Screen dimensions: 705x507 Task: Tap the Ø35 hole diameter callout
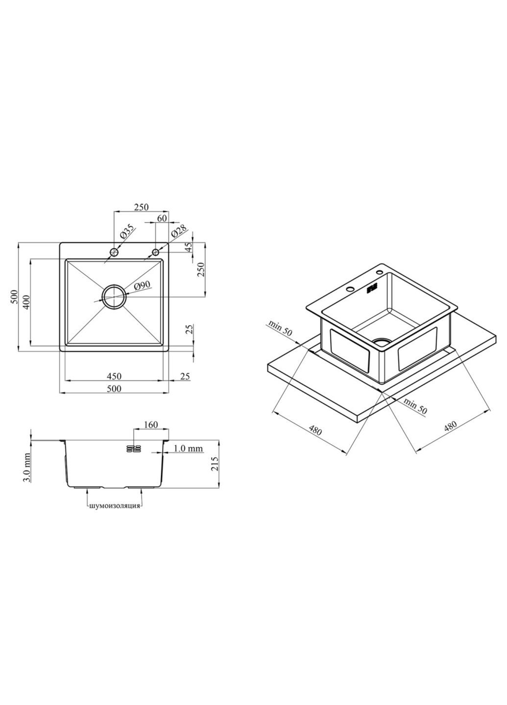click(x=126, y=232)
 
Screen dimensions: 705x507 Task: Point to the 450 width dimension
click(x=114, y=376)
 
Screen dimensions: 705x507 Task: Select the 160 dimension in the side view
click(x=151, y=424)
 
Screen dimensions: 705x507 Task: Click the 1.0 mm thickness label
click(x=189, y=448)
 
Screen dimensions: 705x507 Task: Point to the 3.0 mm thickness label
click(x=27, y=467)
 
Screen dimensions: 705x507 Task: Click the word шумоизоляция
click(x=115, y=506)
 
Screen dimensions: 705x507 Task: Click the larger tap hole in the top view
click(x=114, y=252)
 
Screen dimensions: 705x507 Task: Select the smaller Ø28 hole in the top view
click(x=156, y=252)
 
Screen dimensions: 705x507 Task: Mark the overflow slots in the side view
click(x=133, y=448)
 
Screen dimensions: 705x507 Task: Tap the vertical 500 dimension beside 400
click(x=14, y=296)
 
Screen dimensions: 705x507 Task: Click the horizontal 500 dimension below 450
click(x=114, y=389)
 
